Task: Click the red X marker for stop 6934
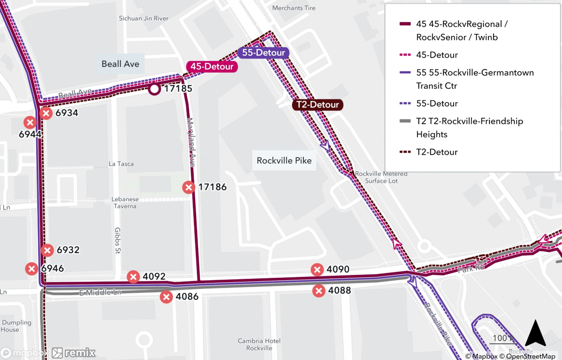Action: (46, 113)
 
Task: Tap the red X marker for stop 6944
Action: (30, 122)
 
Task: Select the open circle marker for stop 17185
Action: (154, 89)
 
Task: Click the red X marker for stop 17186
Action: (189, 187)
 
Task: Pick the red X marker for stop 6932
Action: (47, 250)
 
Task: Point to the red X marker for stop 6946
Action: (32, 269)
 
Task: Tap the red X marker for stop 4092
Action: (133, 276)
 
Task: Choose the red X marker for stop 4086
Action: (166, 297)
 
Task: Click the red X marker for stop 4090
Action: (317, 269)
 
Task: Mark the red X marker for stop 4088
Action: (319, 290)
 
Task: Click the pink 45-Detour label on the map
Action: (212, 66)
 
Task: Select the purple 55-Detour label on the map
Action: (263, 53)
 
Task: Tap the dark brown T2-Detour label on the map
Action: (317, 105)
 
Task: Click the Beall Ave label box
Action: (120, 64)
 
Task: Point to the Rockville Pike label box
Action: (284, 160)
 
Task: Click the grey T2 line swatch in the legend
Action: (405, 121)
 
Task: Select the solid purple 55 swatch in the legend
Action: (405, 73)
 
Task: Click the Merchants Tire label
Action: (293, 8)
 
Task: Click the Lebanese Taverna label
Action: (125, 203)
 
